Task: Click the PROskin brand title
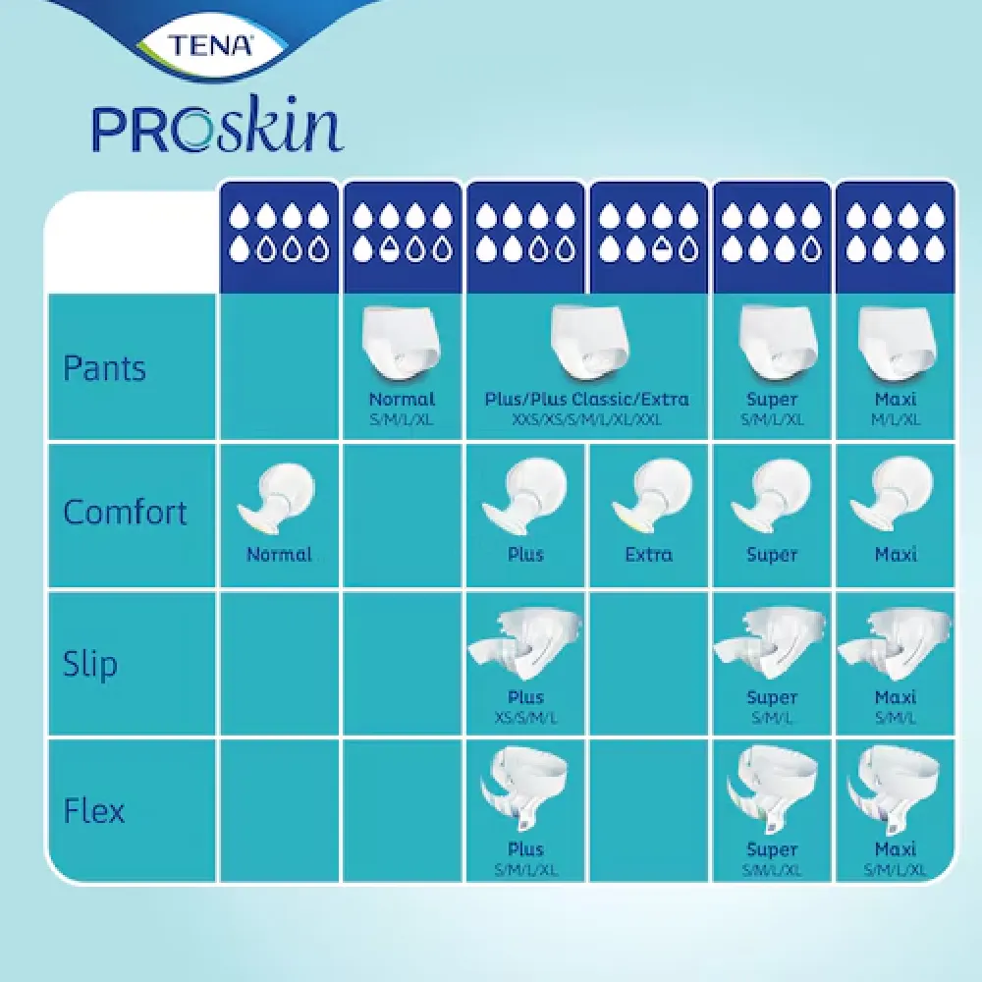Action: (x=218, y=129)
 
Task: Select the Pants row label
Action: (x=104, y=368)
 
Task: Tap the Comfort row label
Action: (x=125, y=513)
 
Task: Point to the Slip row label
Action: (x=89, y=663)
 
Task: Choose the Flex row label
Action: (x=93, y=811)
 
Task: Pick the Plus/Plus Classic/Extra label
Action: (x=586, y=400)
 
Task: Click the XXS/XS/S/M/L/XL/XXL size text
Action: (x=586, y=419)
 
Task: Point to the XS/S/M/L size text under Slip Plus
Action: (x=525, y=717)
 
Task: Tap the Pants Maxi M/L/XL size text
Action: (x=895, y=419)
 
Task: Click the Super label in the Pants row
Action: (x=772, y=400)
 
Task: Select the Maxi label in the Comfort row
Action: (x=895, y=555)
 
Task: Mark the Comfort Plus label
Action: (x=525, y=555)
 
